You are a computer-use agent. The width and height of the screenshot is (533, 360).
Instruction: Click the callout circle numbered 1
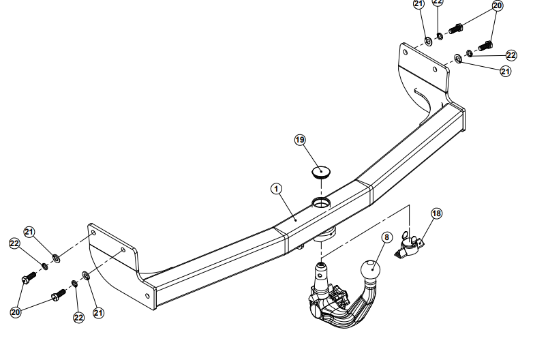(276, 187)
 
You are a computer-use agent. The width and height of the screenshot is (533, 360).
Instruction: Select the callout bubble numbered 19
(300, 140)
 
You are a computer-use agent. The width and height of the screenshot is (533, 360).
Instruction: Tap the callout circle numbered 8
(386, 238)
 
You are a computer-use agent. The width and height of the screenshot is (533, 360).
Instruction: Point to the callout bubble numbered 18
(436, 213)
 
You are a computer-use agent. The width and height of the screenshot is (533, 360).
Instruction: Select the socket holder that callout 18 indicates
(412, 246)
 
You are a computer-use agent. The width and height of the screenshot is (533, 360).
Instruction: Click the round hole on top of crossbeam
(321, 202)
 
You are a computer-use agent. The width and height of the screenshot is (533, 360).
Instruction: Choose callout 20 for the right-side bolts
(497, 5)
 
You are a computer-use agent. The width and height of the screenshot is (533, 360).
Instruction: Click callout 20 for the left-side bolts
(16, 312)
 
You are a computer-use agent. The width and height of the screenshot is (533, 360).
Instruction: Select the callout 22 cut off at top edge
(438, 2)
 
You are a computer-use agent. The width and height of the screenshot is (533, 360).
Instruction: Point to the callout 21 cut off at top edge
(418, 3)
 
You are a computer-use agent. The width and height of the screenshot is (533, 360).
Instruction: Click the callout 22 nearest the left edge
(14, 243)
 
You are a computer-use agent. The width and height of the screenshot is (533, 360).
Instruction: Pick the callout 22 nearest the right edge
(511, 55)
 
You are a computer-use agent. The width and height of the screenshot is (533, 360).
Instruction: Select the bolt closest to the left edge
(29, 279)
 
